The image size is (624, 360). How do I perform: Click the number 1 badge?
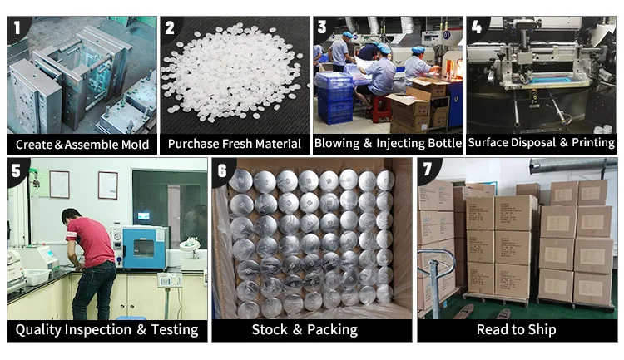point(16,27)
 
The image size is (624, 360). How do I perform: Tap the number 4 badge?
point(477,27)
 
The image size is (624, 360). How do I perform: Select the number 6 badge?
point(222,170)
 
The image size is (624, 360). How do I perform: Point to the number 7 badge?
point(428,170)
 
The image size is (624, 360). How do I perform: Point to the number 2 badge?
point(170,27)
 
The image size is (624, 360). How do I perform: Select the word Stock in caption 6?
point(270,330)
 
